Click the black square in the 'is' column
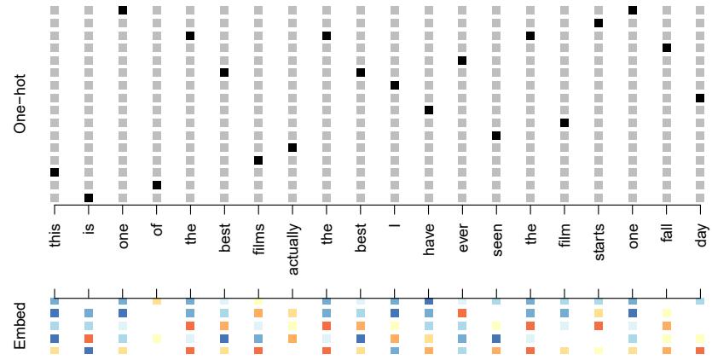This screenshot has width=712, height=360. [89, 198]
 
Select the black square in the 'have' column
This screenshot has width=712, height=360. [429, 110]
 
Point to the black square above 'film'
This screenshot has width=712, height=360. [564, 123]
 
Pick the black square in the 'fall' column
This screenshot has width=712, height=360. [667, 48]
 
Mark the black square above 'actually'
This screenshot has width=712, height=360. [292, 148]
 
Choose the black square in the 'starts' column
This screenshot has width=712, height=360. [599, 23]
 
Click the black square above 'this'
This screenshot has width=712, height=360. [55, 172]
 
